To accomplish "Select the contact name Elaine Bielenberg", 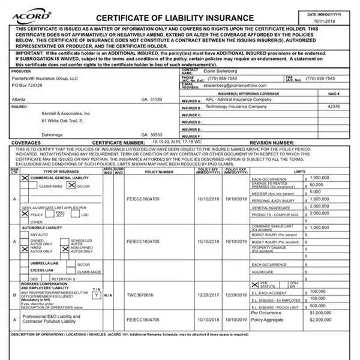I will pos(223,71).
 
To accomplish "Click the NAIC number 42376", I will pos(334,106).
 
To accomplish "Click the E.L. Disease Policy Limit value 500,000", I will pos(318,305).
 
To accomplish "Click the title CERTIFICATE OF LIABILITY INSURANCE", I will pos(175,18).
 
